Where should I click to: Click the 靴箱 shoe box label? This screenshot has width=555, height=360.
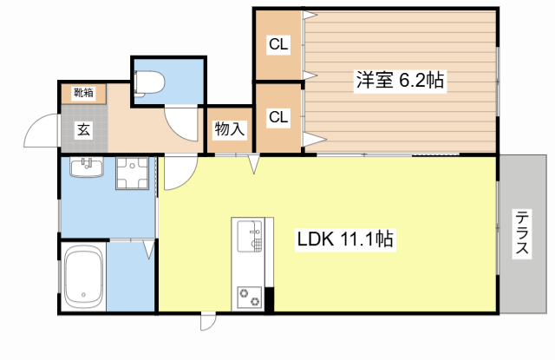coord(83,91)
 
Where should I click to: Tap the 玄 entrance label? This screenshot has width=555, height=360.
coord(83,130)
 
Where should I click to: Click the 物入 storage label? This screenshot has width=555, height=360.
coord(230,130)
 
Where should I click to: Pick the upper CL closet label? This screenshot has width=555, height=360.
coord(278,43)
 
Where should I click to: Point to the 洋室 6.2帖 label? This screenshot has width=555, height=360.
coord(399,80)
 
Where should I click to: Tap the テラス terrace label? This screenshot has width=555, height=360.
coord(522,234)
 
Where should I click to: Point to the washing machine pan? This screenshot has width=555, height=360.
coord(132,173)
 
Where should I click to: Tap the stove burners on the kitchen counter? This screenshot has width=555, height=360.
coord(250,294)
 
